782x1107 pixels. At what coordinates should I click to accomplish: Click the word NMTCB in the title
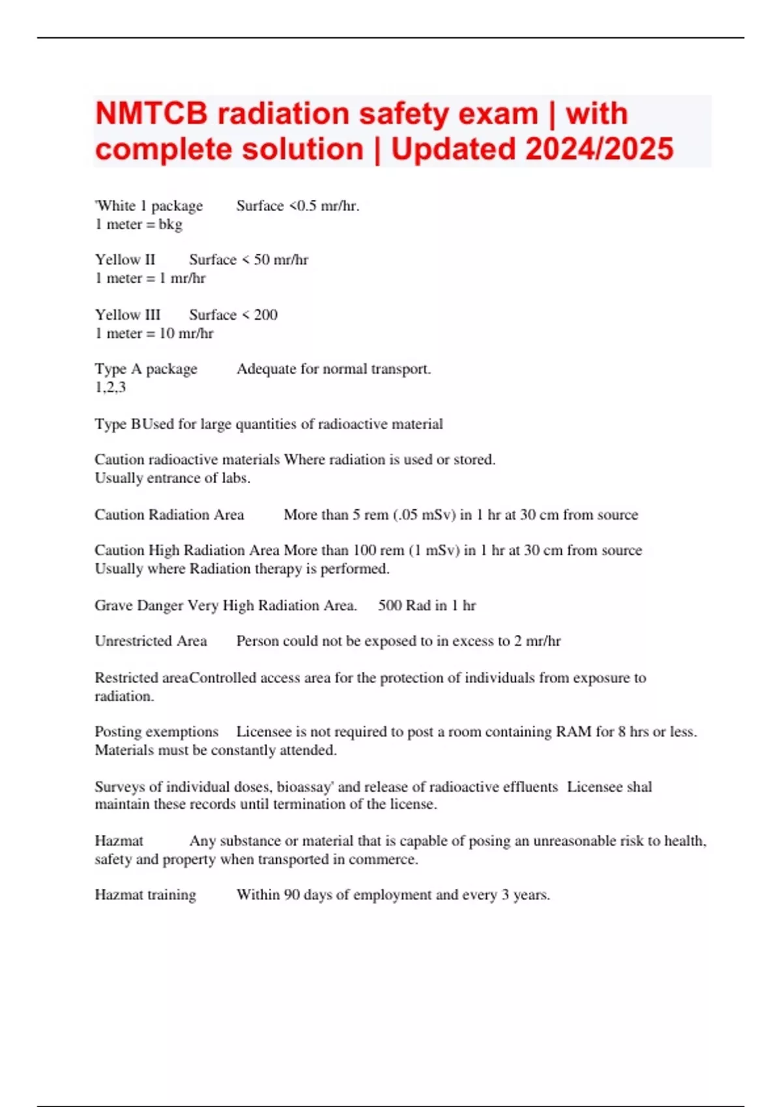coord(151,114)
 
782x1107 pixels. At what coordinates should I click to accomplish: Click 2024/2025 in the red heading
coord(599,149)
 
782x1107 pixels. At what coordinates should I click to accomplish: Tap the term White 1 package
coord(149,206)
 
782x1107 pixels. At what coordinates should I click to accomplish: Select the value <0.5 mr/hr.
coord(323,206)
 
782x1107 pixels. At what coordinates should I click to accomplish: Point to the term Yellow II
coord(125,260)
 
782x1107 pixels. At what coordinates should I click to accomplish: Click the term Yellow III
coord(128,315)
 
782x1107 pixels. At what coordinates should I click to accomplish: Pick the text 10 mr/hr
coord(186,333)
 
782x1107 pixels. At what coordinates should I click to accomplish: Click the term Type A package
coord(146,369)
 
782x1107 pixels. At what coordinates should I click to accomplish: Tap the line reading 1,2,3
coord(110,387)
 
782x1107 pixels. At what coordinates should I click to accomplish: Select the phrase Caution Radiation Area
coord(169,515)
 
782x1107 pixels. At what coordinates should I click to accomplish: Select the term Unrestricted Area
coord(151,641)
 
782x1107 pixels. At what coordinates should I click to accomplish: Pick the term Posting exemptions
coord(156,732)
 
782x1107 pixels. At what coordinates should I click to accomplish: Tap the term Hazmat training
coord(145,895)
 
